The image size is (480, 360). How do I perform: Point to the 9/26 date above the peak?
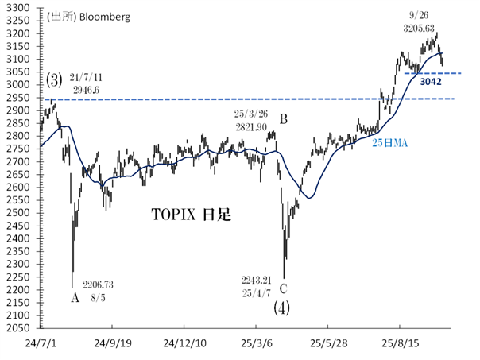pyautogui.click(x=420, y=14)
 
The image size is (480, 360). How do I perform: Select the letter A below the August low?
pyautogui.click(x=75, y=299)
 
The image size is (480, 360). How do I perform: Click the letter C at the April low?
pyautogui.click(x=284, y=288)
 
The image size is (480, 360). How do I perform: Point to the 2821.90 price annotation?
pyautogui.click(x=253, y=126)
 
